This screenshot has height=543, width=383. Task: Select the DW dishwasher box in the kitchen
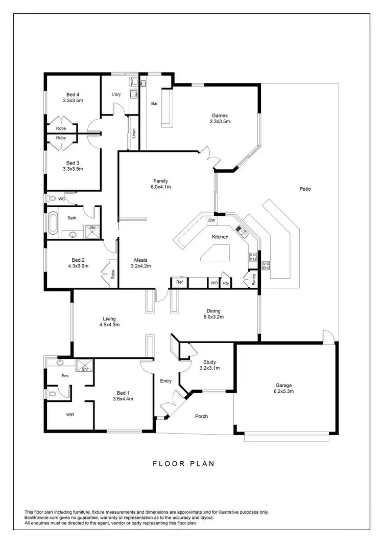pos(211,220)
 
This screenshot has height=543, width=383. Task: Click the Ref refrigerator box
pos(179,282)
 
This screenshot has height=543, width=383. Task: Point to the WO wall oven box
pos(213,283)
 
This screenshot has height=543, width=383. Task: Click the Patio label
pos(305,189)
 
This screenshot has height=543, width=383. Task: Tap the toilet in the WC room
pos(52,198)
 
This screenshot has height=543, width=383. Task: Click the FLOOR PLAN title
pos(184,464)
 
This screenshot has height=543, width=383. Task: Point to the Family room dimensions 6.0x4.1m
pos(161,187)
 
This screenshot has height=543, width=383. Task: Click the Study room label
pos(210,361)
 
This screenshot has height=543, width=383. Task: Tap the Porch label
pos(202,416)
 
